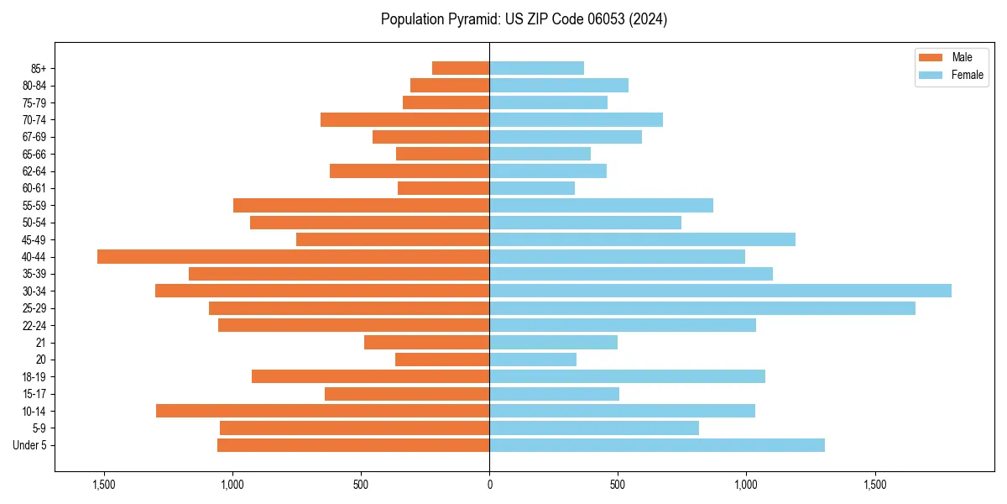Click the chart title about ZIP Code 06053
click(524, 19)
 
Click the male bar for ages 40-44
click(293, 256)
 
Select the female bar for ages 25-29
click(702, 308)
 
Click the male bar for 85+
click(461, 68)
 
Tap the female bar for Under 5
click(657, 445)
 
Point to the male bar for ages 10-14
click(322, 411)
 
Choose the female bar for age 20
click(533, 360)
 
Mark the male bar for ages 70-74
click(404, 119)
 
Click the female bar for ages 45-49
click(642, 239)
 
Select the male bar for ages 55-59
click(361, 205)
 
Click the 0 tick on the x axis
click(489, 485)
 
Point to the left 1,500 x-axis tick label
click(104, 485)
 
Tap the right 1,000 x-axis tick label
click(746, 485)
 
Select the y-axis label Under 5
click(30, 445)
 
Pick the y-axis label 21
click(41, 343)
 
